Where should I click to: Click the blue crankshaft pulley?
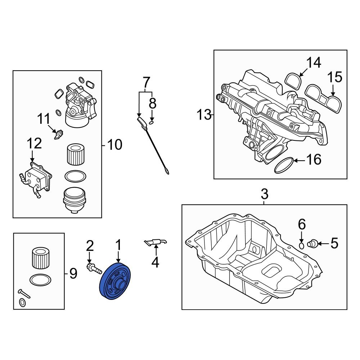click(x=116, y=282)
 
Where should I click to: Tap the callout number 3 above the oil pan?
click(x=264, y=195)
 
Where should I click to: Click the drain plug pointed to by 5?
click(x=312, y=244)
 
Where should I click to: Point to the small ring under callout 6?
click(x=302, y=245)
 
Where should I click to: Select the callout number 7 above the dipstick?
click(x=146, y=82)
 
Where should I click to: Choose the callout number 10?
click(x=114, y=145)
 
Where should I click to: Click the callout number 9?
click(x=73, y=274)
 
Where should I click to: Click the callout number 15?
click(x=335, y=77)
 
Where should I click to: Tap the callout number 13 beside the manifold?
click(x=204, y=115)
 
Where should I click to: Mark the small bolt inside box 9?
click(x=24, y=293)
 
